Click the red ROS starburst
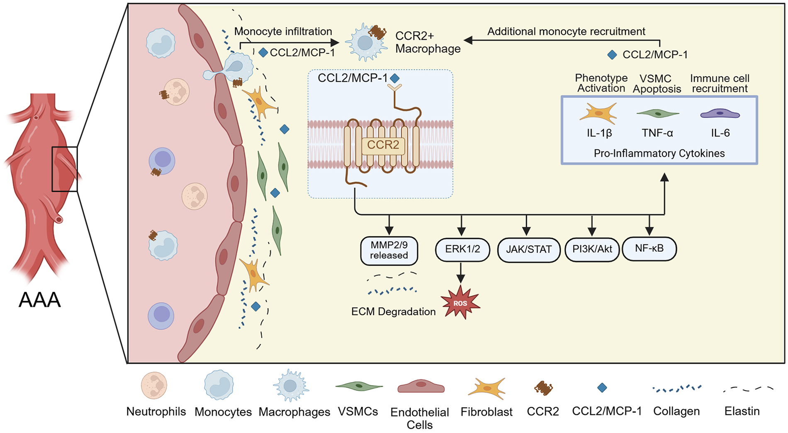460,303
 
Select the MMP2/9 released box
389,251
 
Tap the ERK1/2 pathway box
462,249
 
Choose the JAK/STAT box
529,250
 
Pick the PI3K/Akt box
592,250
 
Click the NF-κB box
649,249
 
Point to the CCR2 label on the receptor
383,145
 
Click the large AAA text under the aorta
40,300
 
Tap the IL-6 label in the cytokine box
720,133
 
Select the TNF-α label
657,133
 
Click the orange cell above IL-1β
598,113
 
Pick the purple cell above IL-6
720,113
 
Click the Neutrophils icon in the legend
154,386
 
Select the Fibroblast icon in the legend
486,388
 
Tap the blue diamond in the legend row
602,388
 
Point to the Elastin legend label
742,411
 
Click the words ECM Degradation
393,312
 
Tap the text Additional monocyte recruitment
566,32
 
